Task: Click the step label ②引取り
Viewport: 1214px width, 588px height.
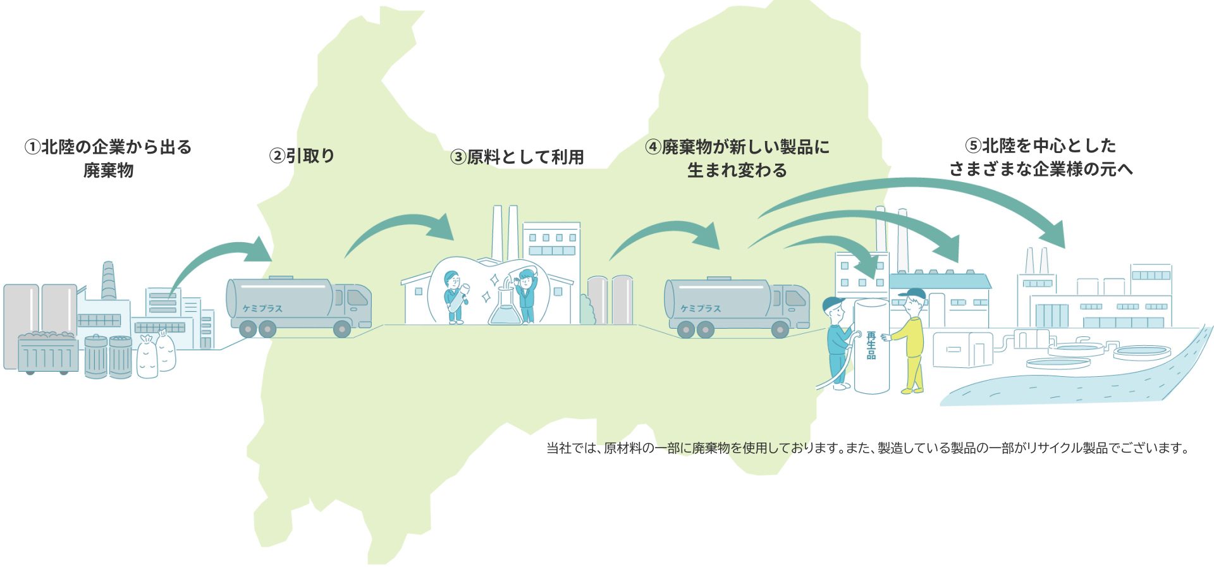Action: click(x=302, y=156)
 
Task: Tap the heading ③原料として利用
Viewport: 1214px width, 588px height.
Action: click(x=517, y=157)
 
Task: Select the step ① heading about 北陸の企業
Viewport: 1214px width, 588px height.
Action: click(x=108, y=159)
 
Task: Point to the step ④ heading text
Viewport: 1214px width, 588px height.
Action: click(x=737, y=159)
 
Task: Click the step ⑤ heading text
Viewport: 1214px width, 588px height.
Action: click(x=1041, y=157)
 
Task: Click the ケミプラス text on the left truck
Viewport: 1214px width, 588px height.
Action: click(x=262, y=309)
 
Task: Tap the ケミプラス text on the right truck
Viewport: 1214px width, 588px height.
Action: click(x=700, y=309)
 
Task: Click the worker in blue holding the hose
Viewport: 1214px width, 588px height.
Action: click(x=837, y=341)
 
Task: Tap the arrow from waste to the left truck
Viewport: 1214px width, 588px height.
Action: click(x=215, y=259)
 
